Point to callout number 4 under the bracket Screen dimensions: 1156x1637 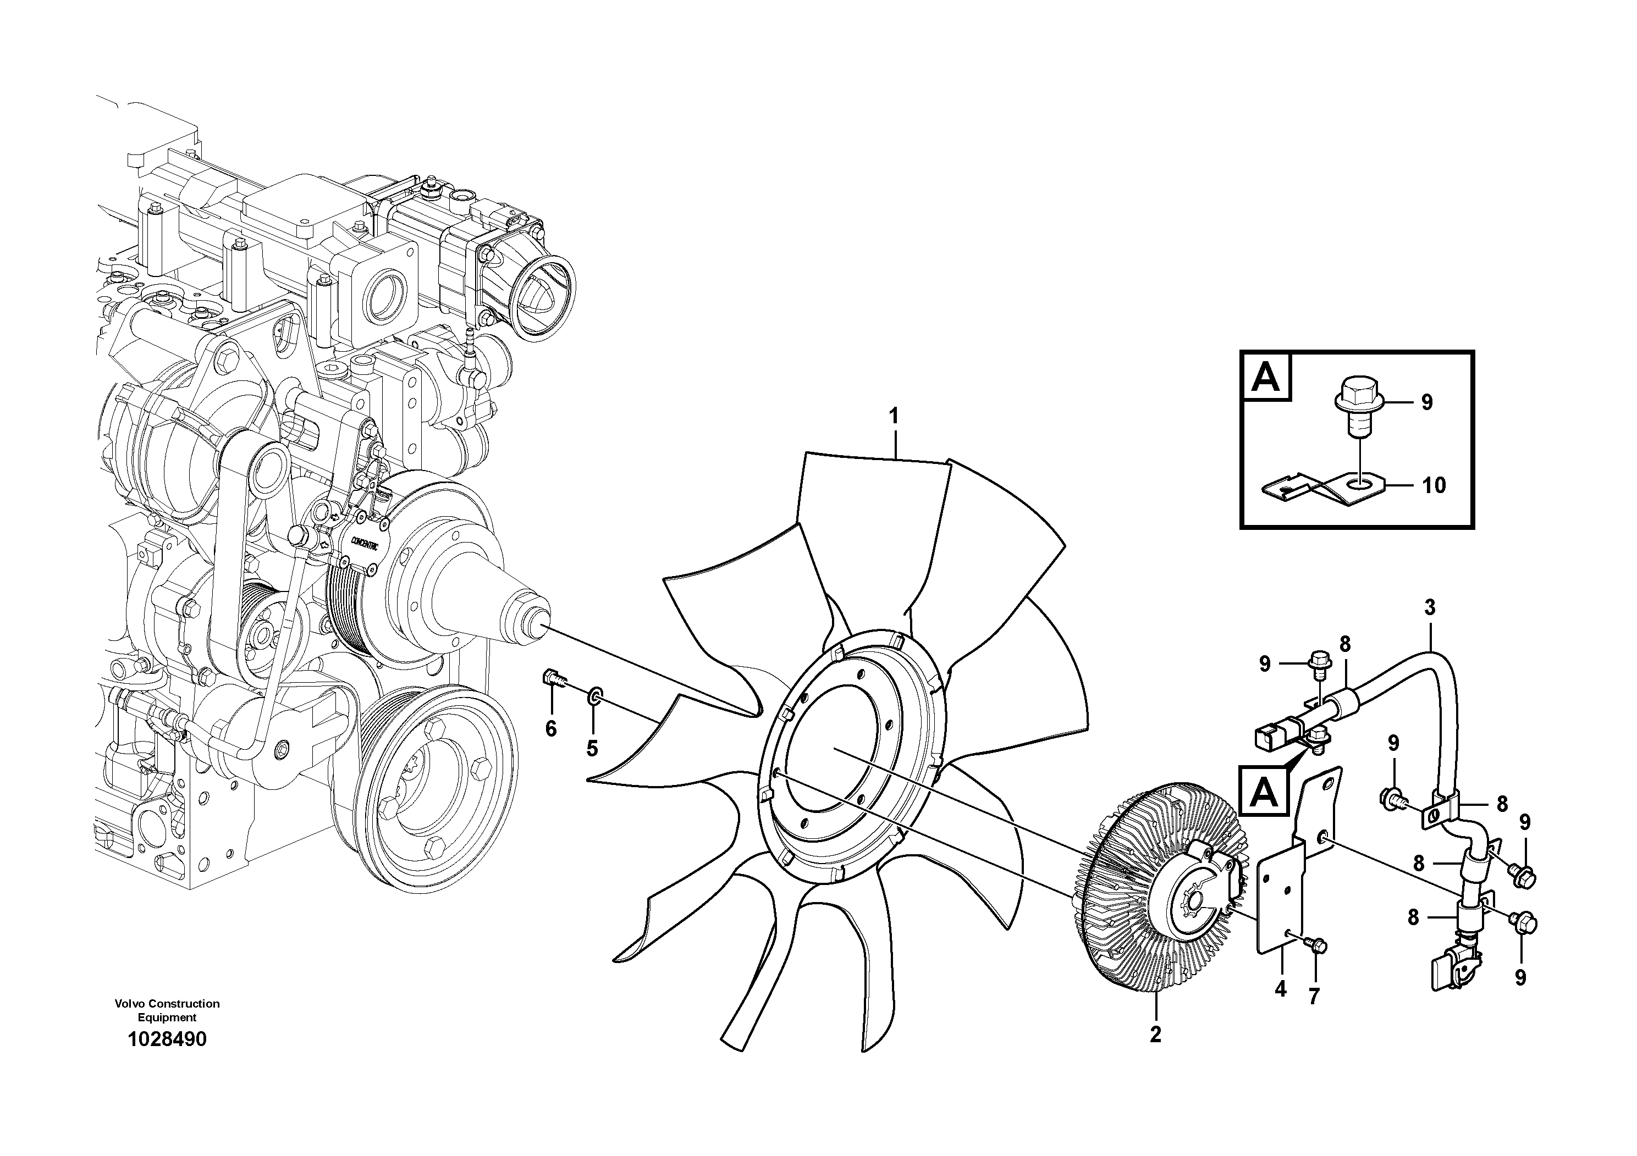click(x=1281, y=989)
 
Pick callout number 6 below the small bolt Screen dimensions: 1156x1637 click(x=550, y=728)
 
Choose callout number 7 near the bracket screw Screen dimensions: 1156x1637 click(x=1314, y=997)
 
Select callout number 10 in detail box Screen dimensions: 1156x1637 click(x=1434, y=485)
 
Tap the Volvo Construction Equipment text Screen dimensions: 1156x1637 click(x=167, y=1010)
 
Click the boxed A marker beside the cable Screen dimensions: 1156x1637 click(x=1264, y=791)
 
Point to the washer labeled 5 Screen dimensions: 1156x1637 click(x=593, y=695)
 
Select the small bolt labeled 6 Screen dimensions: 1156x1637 click(x=554, y=678)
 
